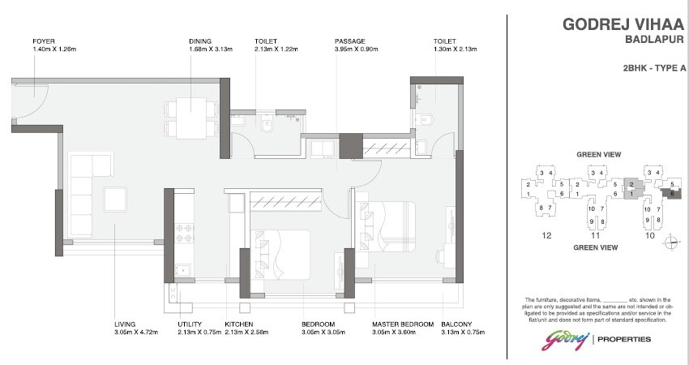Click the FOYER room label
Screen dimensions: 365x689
(44, 41)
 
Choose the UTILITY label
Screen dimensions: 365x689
(190, 324)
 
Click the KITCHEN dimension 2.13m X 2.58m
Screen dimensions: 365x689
(247, 333)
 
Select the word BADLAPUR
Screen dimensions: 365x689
(654, 39)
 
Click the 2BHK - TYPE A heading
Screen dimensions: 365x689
(649, 69)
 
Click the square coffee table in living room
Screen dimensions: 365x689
(113, 200)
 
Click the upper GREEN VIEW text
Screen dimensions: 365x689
(598, 154)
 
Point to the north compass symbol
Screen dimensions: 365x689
(670, 241)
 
